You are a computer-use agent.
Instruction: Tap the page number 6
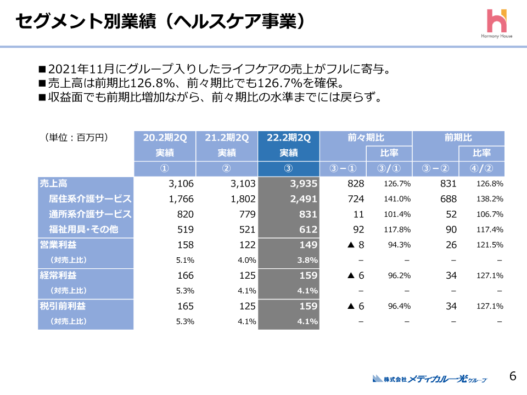[512, 376]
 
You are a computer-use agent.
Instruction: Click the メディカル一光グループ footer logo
[430, 379]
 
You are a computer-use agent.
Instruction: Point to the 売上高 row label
[54, 184]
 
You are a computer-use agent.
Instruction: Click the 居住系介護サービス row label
[91, 199]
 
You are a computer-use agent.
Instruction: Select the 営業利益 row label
[58, 245]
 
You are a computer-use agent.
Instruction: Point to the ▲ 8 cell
[354, 245]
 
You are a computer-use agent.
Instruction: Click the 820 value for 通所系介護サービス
[186, 214]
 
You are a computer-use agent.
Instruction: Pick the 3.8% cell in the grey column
[307, 260]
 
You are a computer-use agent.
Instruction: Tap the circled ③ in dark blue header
[289, 168]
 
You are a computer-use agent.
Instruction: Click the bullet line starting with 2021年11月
[214, 70]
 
